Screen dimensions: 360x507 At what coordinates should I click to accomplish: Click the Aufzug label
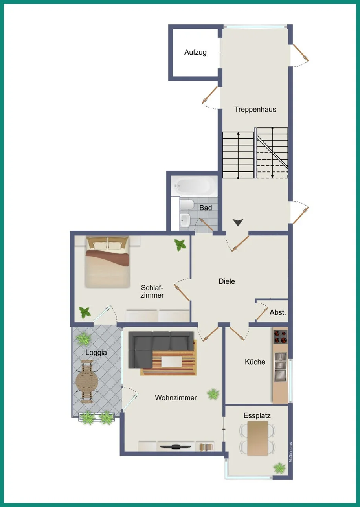[x=195, y=52]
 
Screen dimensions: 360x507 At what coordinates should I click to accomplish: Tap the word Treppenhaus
[x=255, y=109]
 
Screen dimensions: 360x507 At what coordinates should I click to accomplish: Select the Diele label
[x=227, y=281]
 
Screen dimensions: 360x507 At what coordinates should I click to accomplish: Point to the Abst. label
[x=277, y=312]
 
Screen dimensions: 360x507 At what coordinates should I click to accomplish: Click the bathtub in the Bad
[x=194, y=186]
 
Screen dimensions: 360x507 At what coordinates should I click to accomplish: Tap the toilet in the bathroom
[x=187, y=205]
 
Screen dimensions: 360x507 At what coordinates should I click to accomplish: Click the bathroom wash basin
[x=186, y=220]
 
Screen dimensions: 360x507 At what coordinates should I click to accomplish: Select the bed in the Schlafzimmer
[x=107, y=262]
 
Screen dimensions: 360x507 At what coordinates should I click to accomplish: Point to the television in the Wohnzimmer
[x=175, y=446]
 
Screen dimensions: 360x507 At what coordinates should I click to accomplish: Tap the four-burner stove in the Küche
[x=280, y=337]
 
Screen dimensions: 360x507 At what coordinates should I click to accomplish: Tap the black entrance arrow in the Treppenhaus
[x=238, y=222]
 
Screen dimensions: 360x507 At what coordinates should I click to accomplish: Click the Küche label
[x=255, y=362]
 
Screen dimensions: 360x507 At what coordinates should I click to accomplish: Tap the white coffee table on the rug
[x=172, y=362]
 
